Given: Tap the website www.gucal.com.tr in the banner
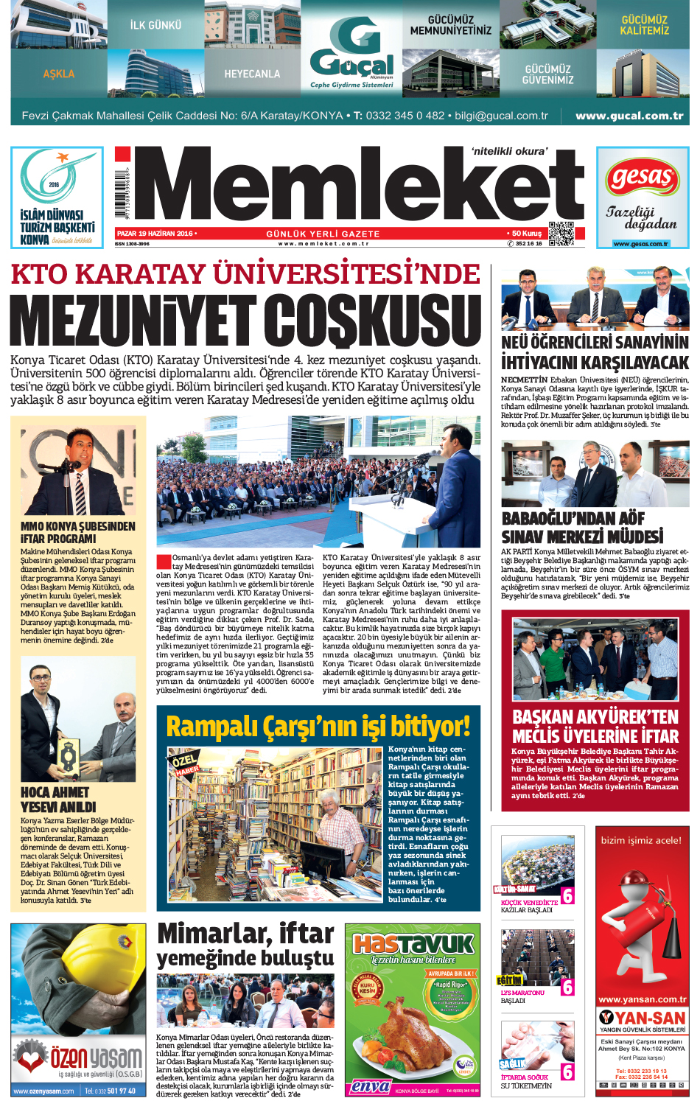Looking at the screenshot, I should pyautogui.click(x=629, y=116).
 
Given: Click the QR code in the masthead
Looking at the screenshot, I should pyautogui.click(x=561, y=233).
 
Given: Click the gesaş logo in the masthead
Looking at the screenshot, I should pyautogui.click(x=642, y=178).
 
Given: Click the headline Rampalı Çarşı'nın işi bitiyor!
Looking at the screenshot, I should pyautogui.click(x=318, y=727).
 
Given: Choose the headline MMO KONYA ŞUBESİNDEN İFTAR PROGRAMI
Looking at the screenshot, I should pyautogui.click(x=78, y=532).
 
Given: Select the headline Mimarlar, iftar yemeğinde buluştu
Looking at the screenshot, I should pyautogui.click(x=245, y=944).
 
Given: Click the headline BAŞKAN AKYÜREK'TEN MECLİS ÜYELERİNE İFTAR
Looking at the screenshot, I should pyautogui.click(x=595, y=727).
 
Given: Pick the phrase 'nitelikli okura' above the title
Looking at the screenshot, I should pyautogui.click(x=509, y=151).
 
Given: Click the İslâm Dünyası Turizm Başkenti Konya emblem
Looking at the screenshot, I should pyautogui.click(x=57, y=197).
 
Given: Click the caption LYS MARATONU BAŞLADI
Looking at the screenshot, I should pyautogui.click(x=522, y=996).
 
